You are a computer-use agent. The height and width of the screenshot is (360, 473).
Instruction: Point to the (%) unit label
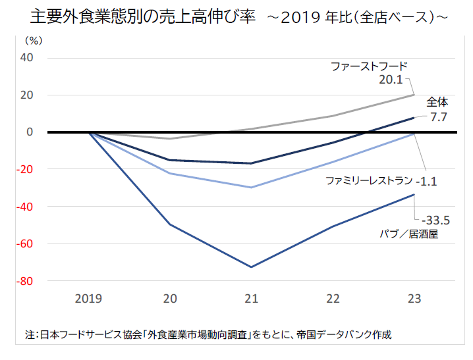tap(33, 41)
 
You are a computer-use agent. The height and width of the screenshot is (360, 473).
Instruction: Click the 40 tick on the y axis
tap(26, 58)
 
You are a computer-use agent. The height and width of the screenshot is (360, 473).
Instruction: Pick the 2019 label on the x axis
tap(88, 299)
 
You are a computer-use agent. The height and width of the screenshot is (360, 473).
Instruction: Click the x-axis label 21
tap(251, 299)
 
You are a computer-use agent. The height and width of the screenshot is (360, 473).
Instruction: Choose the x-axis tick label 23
tap(414, 299)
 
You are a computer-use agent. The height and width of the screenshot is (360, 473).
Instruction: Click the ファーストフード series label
tap(370, 66)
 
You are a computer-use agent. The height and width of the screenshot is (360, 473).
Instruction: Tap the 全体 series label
tap(437, 102)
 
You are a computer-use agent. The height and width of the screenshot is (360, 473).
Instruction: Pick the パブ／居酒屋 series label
tap(408, 234)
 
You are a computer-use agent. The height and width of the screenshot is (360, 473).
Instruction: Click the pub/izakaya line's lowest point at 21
tap(251, 267)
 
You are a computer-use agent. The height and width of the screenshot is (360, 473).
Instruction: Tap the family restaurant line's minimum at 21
tap(251, 188)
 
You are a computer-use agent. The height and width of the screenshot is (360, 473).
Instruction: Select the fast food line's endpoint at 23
tap(414, 95)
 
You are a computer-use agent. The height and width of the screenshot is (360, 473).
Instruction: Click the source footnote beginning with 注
tap(208, 334)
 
